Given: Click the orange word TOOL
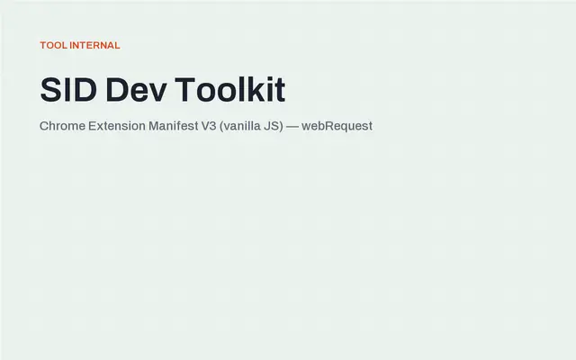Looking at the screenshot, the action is pyautogui.click(x=54, y=45).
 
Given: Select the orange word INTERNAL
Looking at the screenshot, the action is pyautogui.click(x=94, y=45).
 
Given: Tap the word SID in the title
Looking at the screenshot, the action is pyautogui.click(x=68, y=90).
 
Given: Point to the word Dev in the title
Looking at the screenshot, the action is pyautogui.click(x=136, y=90).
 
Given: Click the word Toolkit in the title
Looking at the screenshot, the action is pyautogui.click(x=230, y=90).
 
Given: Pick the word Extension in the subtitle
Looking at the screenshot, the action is pyautogui.click(x=117, y=126).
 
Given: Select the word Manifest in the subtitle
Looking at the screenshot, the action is pyautogui.click(x=174, y=126).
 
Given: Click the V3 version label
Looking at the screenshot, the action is pyautogui.click(x=209, y=126).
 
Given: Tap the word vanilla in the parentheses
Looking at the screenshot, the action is pyautogui.click(x=241, y=126).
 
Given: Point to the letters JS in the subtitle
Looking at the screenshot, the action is pyautogui.click(x=272, y=126).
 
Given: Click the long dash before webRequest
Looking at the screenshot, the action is pyautogui.click(x=292, y=127).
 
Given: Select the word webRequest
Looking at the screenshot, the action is pyautogui.click(x=337, y=126).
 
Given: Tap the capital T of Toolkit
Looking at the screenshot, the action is pyautogui.click(x=184, y=90).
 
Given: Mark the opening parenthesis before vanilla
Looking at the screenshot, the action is pyautogui.click(x=221, y=127).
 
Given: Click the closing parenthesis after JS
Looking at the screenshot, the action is pyautogui.click(x=282, y=127).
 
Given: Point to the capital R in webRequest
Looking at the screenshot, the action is pyautogui.click(x=330, y=126).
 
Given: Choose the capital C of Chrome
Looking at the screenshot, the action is pyautogui.click(x=44, y=126).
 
